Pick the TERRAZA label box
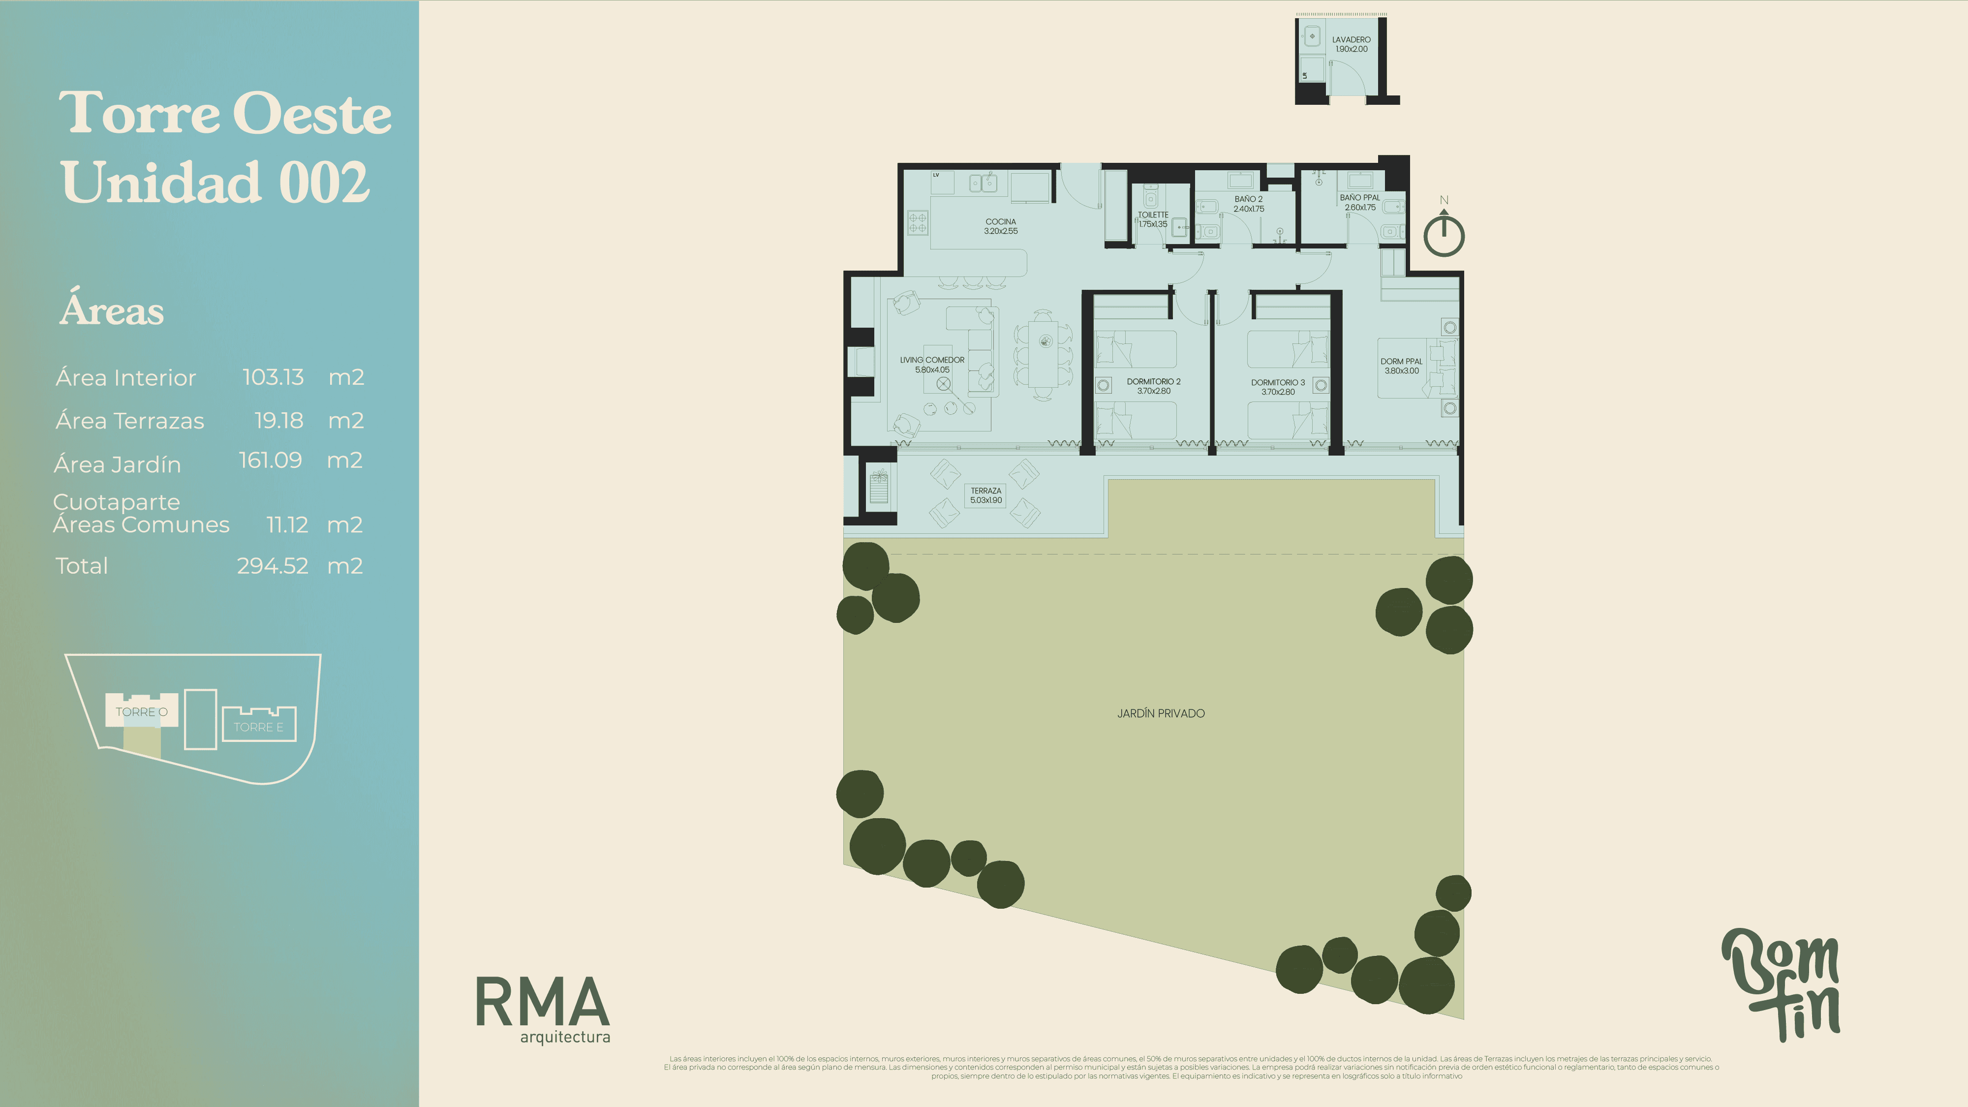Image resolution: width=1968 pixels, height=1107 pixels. click(x=985, y=495)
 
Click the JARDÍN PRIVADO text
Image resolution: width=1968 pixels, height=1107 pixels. click(x=1161, y=713)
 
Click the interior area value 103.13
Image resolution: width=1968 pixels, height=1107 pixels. click(x=273, y=377)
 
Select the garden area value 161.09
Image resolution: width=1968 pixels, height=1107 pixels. click(x=271, y=460)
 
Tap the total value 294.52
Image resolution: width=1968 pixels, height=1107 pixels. click(x=272, y=565)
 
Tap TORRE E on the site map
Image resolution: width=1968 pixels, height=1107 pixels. click(x=258, y=727)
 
